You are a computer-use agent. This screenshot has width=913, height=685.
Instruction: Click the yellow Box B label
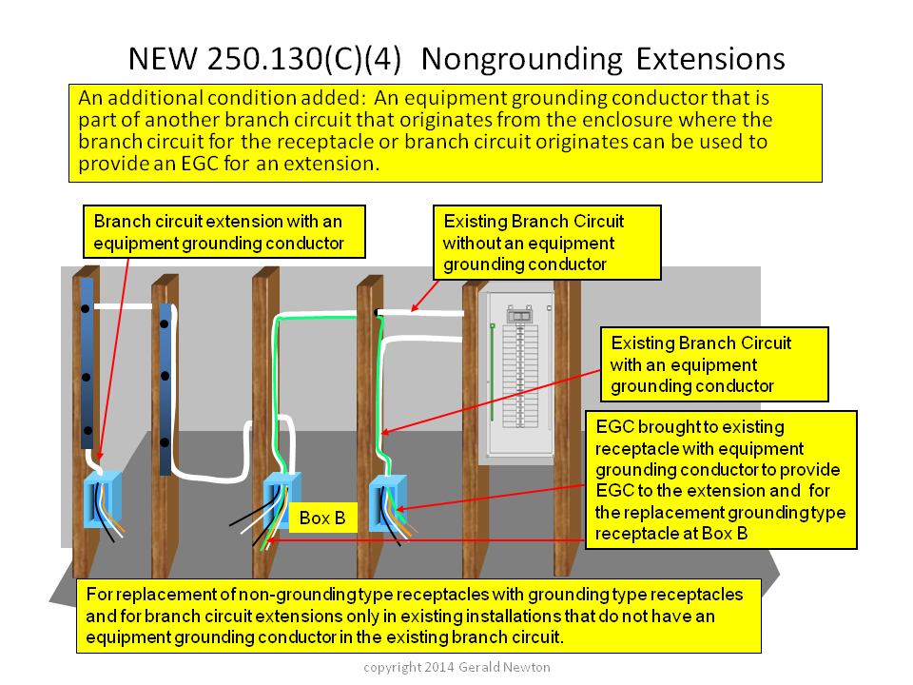(323, 518)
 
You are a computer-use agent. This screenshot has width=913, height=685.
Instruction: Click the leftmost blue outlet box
(103, 499)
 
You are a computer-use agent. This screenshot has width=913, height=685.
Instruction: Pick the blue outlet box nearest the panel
(388, 503)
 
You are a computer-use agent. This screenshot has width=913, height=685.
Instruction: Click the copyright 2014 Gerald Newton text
(456, 667)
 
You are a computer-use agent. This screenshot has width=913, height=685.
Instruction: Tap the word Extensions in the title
(710, 59)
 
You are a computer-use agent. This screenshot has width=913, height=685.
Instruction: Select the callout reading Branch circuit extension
(224, 232)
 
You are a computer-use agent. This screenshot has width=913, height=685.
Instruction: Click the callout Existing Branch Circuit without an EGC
(548, 243)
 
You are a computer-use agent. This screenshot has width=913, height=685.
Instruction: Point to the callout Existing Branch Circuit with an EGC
(714, 364)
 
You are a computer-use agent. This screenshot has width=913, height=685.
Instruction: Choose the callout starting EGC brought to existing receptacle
(721, 479)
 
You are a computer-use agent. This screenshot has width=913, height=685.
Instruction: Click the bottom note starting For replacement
(418, 616)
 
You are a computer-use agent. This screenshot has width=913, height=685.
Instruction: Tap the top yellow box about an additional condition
(445, 133)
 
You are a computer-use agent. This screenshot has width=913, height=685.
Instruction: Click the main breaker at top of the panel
(519, 315)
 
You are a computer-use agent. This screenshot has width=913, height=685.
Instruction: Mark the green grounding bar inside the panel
(493, 372)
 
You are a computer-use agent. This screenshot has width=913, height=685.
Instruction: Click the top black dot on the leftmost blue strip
(85, 308)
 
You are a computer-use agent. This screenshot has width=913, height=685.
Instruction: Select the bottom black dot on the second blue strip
(165, 442)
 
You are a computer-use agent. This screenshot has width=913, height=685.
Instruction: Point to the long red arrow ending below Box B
(426, 540)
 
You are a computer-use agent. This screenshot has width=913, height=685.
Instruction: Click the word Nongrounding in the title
(522, 60)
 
